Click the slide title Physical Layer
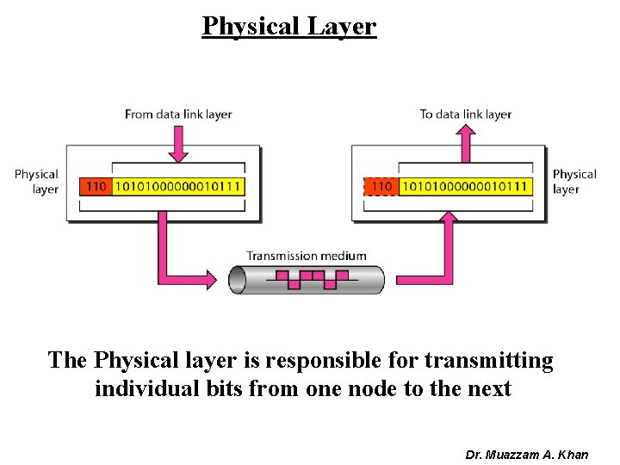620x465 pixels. (289, 26)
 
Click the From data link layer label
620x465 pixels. (178, 114)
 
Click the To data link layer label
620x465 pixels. (466, 114)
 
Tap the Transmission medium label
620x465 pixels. (307, 255)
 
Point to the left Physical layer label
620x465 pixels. (36, 182)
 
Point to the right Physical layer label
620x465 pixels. (573, 182)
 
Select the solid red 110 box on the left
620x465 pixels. (96, 186)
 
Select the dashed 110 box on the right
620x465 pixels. (381, 186)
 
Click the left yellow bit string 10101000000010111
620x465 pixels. (177, 186)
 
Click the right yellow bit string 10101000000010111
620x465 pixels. (466, 186)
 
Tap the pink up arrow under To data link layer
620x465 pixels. (466, 142)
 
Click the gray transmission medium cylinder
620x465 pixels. (307, 279)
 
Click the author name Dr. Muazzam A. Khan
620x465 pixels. (527, 454)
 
